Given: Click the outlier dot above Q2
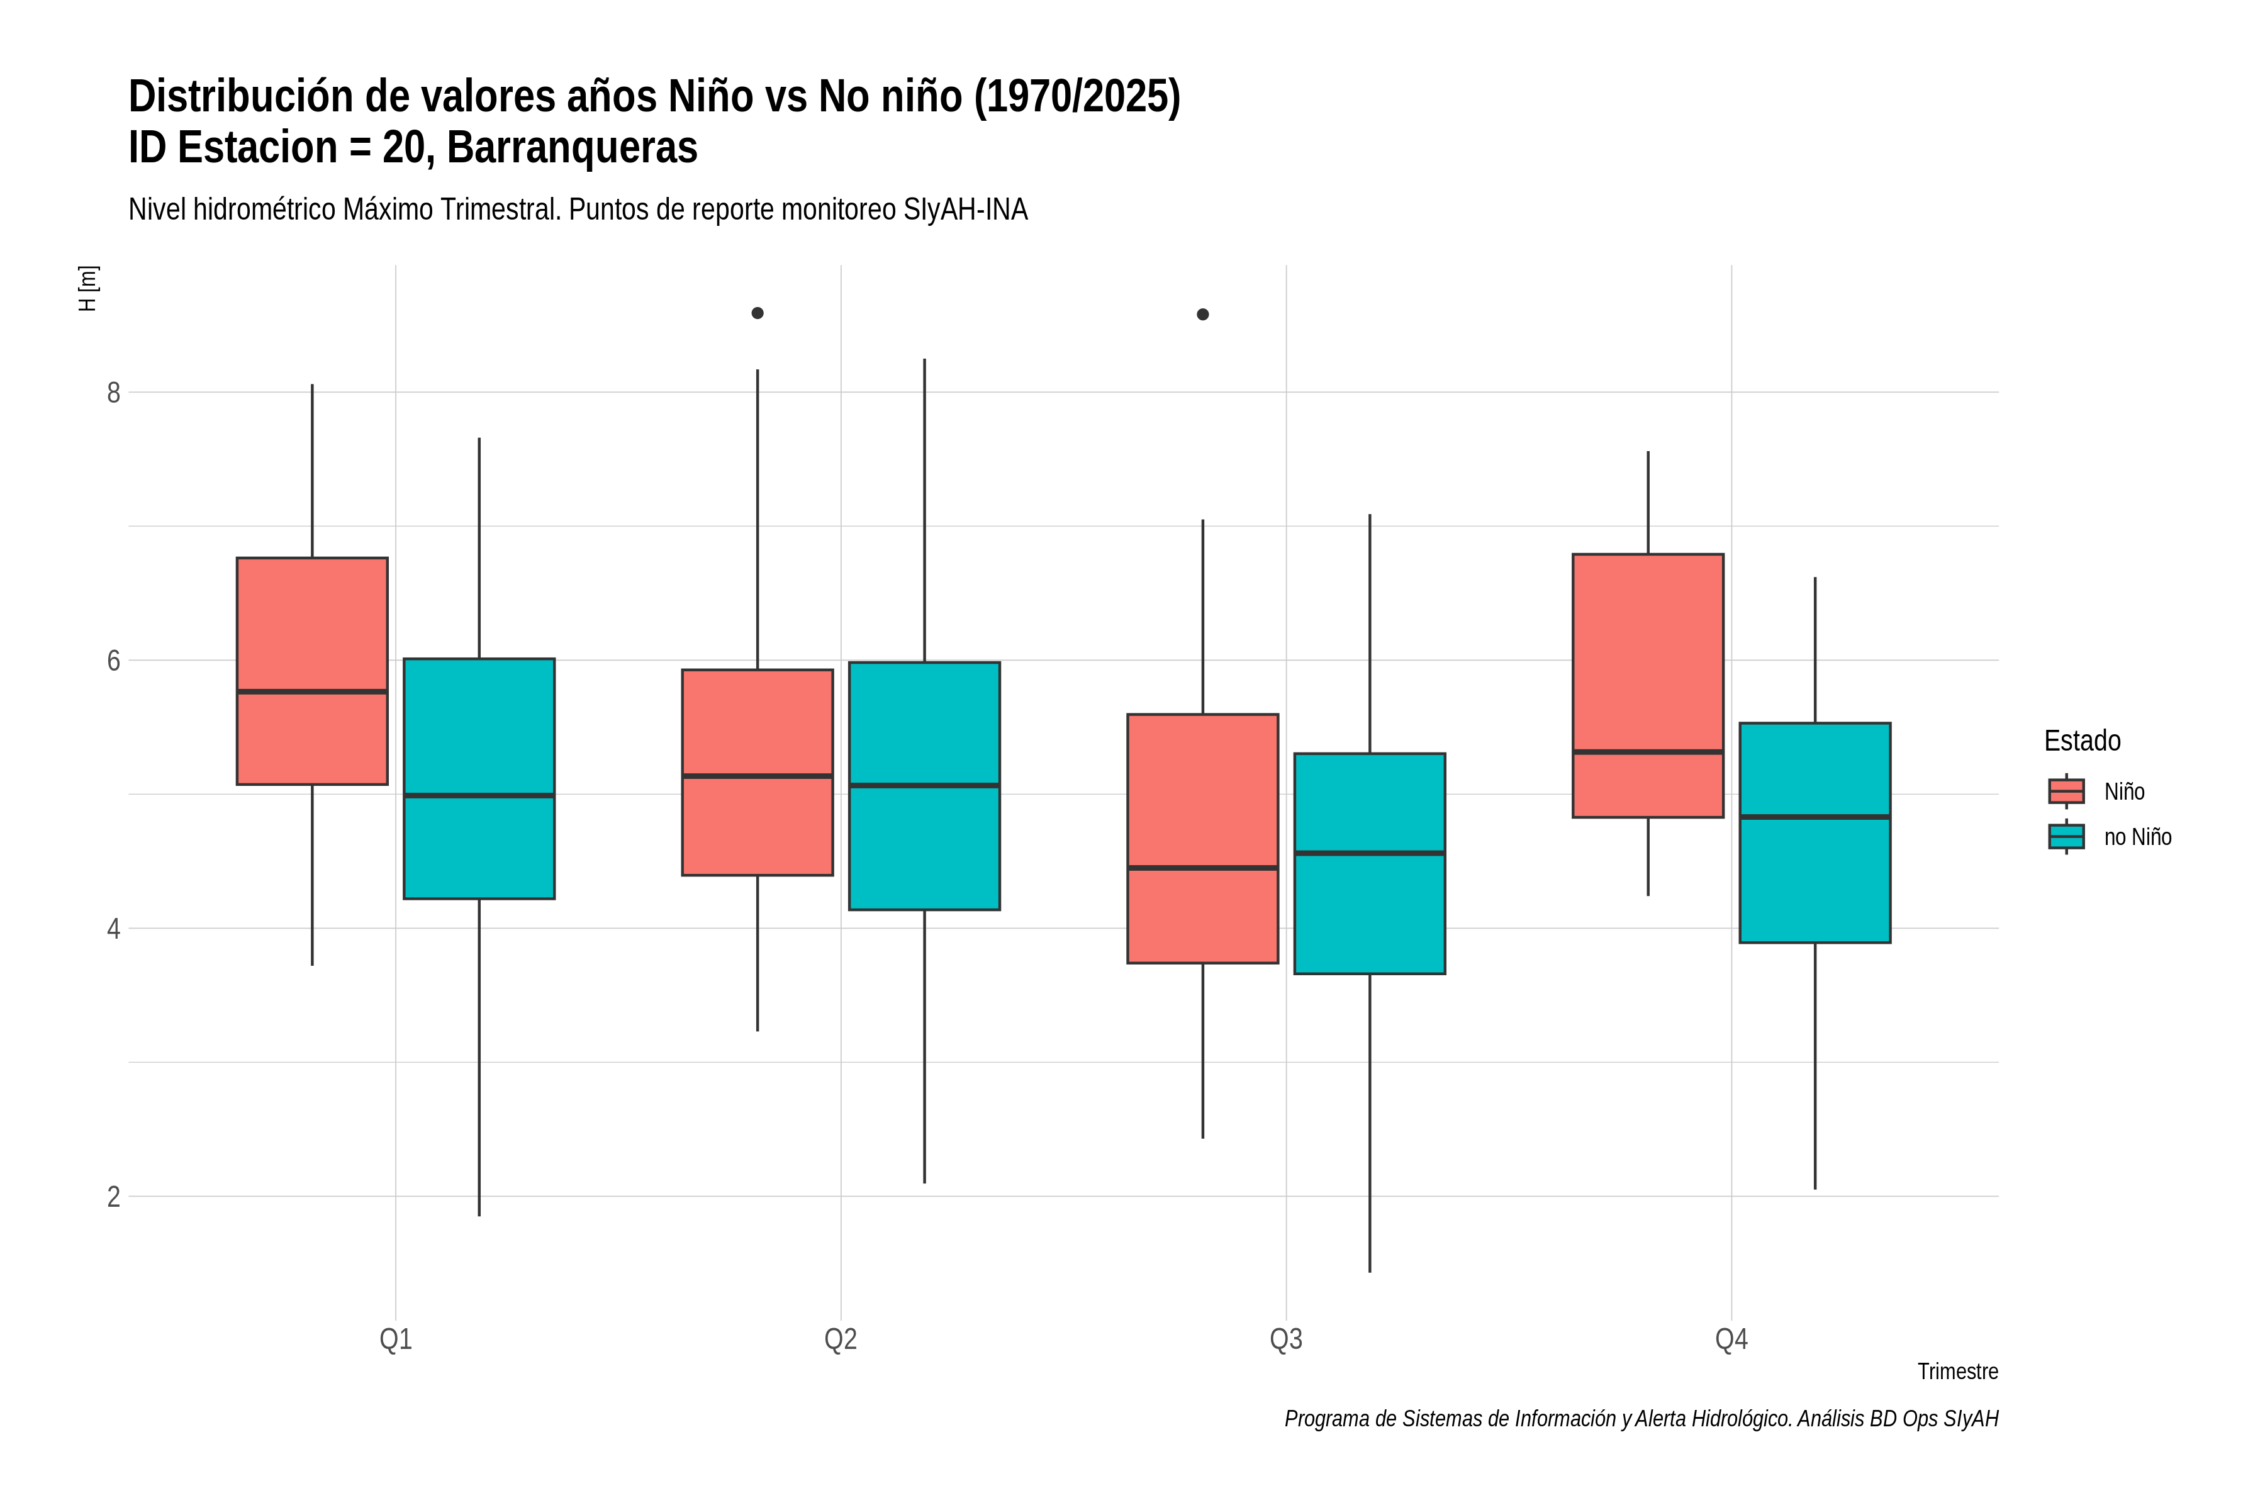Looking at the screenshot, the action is [758, 313].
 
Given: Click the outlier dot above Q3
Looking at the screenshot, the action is [1203, 314].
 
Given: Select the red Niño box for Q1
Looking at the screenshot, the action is [312, 671].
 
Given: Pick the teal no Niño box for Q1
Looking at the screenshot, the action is [479, 779].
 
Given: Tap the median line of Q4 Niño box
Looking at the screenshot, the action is [1648, 751].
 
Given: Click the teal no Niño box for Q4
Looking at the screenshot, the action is [1815, 833].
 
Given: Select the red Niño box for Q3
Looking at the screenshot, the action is [1203, 839].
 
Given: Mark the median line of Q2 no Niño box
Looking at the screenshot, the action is [924, 786].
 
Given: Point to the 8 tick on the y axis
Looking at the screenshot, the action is [114, 393].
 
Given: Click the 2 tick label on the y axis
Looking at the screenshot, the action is [114, 1197].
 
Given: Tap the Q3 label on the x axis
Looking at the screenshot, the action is [1287, 1339].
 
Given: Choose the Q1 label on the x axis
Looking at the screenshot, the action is [396, 1339].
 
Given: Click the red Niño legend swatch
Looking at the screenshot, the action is [2067, 791].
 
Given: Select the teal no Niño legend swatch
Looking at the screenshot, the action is [2067, 837].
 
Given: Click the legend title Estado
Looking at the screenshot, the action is [2082, 741].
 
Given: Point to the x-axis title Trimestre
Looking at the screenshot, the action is [1958, 1372].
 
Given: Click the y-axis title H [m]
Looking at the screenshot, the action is [87, 289].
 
